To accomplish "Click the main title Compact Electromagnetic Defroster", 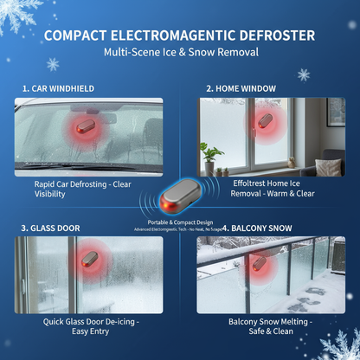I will click(180, 35).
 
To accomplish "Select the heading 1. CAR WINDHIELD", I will click(58, 88).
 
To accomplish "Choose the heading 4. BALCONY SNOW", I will click(251, 228).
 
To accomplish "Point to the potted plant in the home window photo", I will click(210, 158).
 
